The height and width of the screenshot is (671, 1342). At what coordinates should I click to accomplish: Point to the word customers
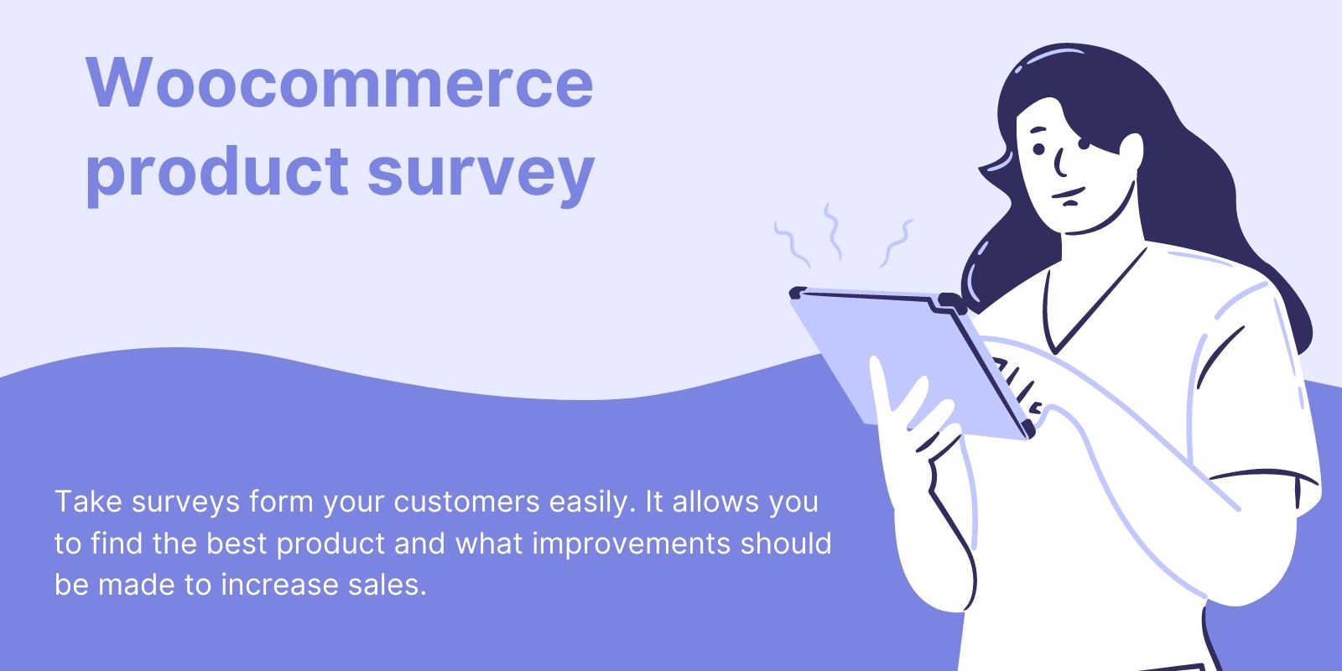466,502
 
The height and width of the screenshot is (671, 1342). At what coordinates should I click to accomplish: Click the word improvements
632,544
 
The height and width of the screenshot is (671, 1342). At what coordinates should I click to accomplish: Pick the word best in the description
237,543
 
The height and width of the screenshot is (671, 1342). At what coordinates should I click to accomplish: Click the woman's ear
1131,157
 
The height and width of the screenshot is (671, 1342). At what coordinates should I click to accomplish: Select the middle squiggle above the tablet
832,231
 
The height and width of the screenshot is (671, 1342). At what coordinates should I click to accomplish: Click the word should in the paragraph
786,543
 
